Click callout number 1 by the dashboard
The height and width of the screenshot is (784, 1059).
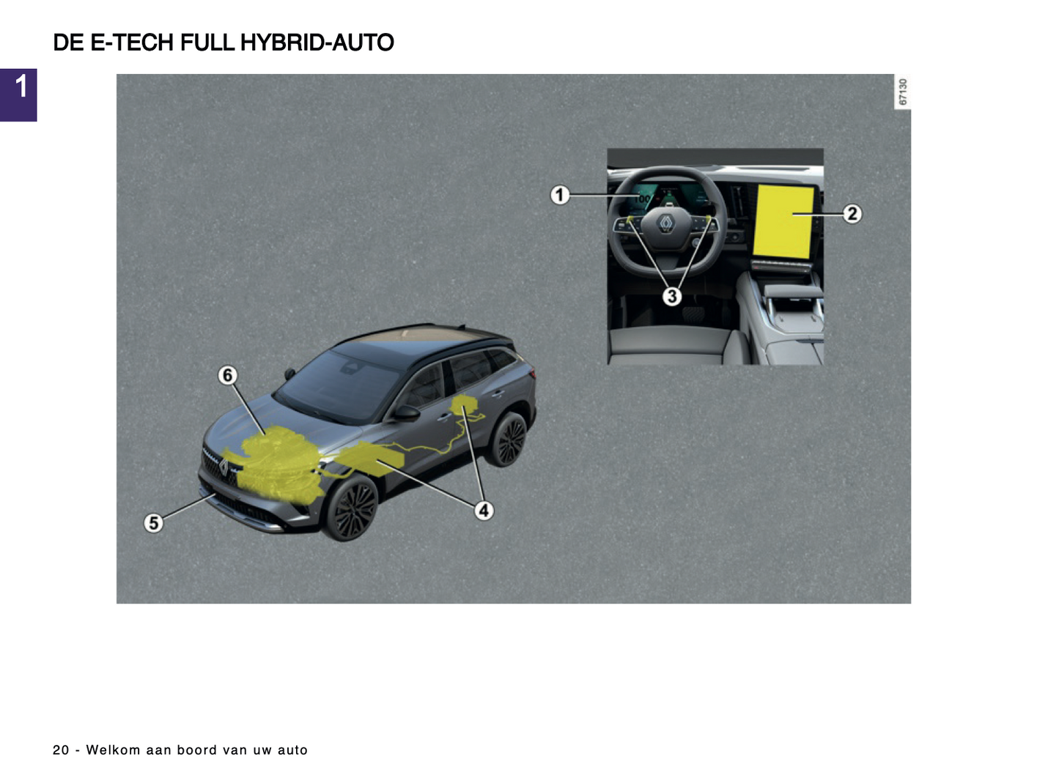(x=560, y=195)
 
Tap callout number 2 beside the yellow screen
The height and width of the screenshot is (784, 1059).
(x=852, y=213)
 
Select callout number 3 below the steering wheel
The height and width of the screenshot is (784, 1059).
(x=672, y=297)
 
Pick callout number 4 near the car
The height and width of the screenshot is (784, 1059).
(x=484, y=511)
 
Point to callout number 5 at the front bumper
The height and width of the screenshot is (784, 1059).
(x=153, y=522)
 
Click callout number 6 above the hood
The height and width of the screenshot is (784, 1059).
(x=228, y=375)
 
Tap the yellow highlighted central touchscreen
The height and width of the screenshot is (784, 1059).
(x=783, y=222)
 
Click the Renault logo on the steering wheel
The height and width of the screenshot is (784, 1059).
(x=666, y=223)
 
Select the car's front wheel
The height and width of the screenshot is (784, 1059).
(x=352, y=508)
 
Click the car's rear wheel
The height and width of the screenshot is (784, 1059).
(x=507, y=438)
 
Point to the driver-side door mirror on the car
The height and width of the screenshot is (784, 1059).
(x=406, y=413)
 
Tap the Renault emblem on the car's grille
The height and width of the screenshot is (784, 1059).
(x=224, y=467)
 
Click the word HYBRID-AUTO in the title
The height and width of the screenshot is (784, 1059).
(x=317, y=42)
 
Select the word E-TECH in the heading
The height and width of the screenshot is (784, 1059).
(x=132, y=42)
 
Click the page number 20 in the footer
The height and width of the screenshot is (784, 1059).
(x=61, y=750)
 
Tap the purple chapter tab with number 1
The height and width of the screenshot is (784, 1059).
(x=18, y=95)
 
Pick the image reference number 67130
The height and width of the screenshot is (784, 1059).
(x=902, y=92)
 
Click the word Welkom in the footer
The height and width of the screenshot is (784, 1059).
(x=113, y=750)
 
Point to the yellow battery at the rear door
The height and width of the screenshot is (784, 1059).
(x=464, y=405)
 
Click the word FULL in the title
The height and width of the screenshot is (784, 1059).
(x=207, y=42)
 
